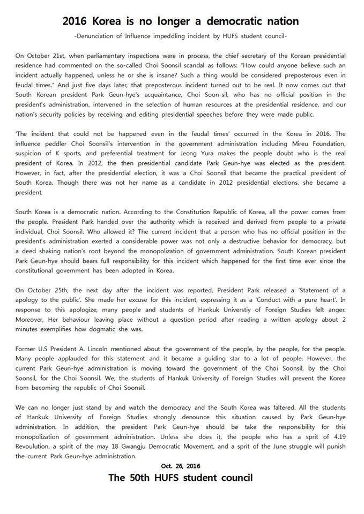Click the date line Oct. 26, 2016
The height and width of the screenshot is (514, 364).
click(181, 466)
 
